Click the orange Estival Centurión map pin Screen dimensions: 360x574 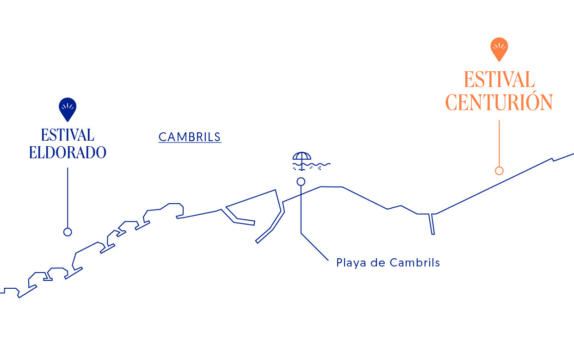point(499,48)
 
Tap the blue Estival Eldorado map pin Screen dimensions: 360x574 point(68,108)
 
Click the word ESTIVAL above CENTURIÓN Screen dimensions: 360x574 point(499,80)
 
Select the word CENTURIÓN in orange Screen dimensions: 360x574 point(499,102)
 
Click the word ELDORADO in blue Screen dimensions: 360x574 point(68,152)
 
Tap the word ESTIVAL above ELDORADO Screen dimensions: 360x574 point(68,135)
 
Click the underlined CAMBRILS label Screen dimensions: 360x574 point(190,137)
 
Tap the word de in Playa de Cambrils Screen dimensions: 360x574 point(377,263)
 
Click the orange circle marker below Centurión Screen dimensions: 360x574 point(499,171)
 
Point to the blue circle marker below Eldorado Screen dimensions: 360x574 point(68,232)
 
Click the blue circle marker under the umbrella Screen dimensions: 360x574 point(301,181)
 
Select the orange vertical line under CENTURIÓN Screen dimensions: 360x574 point(499,143)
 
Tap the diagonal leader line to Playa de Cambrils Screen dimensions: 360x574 point(315,246)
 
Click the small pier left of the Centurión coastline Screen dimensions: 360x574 point(432,224)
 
